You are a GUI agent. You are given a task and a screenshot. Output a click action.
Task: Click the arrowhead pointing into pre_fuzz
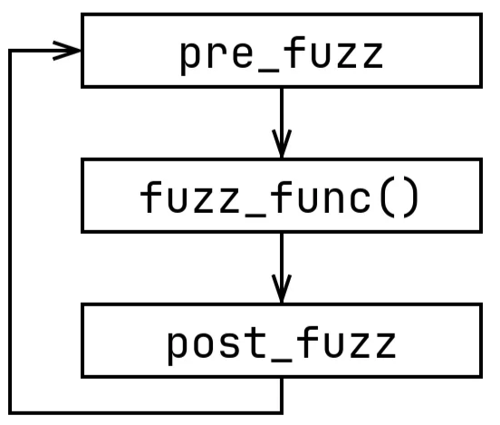pos(67,51)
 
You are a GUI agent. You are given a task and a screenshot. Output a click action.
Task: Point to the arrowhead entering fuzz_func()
pos(282,143)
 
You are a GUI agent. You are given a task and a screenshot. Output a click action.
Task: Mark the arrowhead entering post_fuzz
pos(282,289)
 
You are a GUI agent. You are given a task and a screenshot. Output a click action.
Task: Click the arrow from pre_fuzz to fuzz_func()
pos(282,123)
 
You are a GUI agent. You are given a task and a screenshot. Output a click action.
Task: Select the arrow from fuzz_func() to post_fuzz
pos(282,268)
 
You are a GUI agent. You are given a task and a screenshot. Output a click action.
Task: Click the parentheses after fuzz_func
pos(399,198)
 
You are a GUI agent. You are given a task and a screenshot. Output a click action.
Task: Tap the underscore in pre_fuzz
pos(268,70)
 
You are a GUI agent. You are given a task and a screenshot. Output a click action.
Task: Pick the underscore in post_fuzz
pos(281,361)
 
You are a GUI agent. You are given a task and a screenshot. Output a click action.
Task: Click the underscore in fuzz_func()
pos(255,216)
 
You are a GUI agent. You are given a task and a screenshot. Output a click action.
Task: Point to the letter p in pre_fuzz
pos(192,57)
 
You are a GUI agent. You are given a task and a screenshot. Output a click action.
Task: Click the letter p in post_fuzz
pos(178,348)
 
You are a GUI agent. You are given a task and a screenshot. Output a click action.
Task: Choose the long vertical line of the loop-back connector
pos(10,232)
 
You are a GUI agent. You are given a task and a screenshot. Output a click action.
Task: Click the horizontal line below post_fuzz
pos(146,413)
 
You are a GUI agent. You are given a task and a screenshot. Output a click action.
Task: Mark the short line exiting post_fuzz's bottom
pos(282,396)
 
